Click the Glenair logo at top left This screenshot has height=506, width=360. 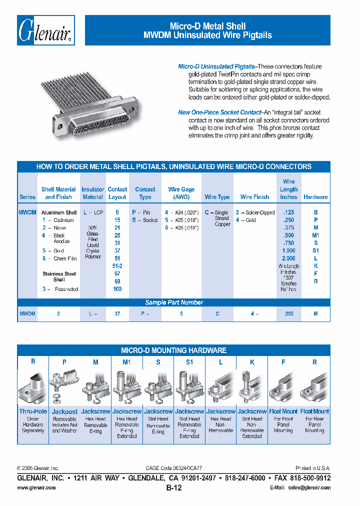point(46,30)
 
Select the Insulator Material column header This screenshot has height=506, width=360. point(92,193)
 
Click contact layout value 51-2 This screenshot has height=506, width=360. point(117,266)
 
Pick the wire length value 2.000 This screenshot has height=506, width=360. point(288,258)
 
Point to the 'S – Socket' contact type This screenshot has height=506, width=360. point(144,220)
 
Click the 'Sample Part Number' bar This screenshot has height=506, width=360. point(174,302)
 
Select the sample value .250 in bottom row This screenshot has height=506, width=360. point(288,313)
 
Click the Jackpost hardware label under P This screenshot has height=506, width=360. point(65,411)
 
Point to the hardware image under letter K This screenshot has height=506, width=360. point(252,388)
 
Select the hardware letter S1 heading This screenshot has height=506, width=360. point(189,362)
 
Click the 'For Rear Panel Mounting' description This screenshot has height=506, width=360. point(314,424)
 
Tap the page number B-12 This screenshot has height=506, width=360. point(173,488)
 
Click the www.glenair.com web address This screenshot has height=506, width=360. point(36,487)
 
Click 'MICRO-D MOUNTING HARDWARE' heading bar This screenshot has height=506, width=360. point(174,350)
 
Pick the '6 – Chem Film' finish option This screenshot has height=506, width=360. point(59,258)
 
